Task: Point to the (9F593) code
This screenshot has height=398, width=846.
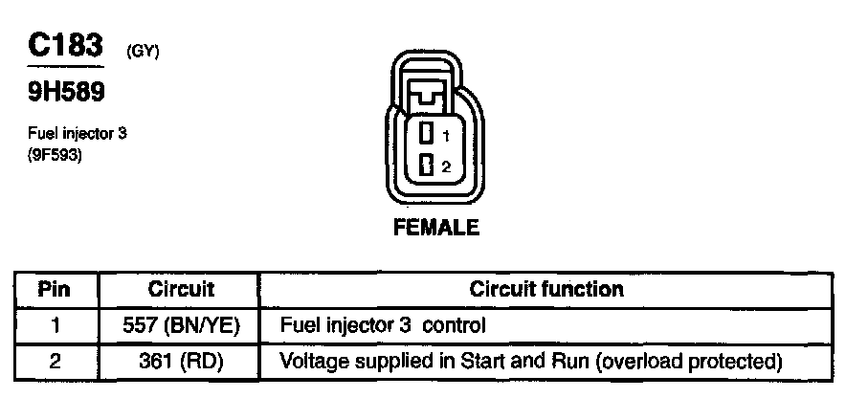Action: click(x=56, y=154)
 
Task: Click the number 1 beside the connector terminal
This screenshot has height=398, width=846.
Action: click(x=445, y=136)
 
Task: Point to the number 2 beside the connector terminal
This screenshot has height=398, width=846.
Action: click(x=445, y=167)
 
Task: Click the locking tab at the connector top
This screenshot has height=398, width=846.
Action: click(x=429, y=94)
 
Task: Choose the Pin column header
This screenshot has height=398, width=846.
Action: click(x=55, y=289)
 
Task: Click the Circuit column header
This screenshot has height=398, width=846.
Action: click(x=182, y=289)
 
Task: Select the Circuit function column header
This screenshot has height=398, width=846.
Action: click(x=546, y=289)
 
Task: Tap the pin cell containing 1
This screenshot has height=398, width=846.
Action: click(x=55, y=325)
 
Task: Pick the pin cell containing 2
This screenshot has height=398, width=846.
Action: click(x=55, y=362)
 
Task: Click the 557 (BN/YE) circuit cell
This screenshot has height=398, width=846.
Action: click(x=182, y=325)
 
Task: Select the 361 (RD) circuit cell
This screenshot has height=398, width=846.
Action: click(x=182, y=362)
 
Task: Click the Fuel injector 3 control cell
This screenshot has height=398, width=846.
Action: click(x=383, y=325)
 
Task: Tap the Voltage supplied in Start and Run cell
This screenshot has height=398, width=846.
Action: click(x=531, y=362)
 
